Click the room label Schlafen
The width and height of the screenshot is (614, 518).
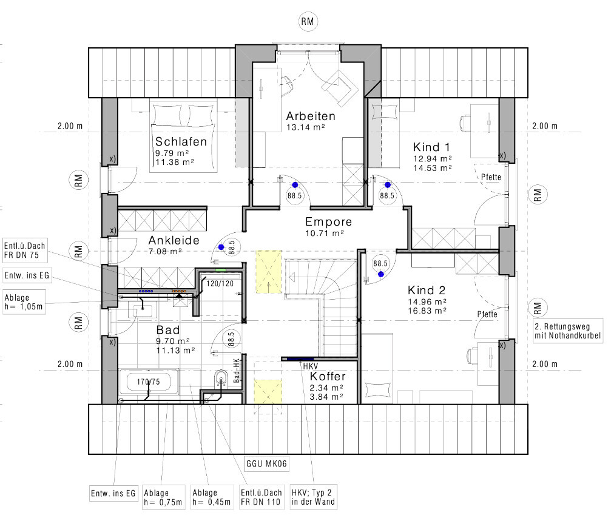click(181, 141)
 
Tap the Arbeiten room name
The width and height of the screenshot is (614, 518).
click(311, 116)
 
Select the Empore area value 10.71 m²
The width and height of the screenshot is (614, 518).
click(325, 234)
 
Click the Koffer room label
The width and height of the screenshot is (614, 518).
click(328, 376)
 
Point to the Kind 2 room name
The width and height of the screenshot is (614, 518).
click(427, 290)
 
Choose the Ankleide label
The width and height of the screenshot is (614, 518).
click(174, 240)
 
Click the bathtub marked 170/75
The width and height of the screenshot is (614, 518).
click(149, 382)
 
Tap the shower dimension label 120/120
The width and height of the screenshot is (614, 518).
click(220, 283)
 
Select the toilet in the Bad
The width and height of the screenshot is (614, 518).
click(221, 378)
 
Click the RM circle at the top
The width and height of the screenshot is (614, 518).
click(308, 22)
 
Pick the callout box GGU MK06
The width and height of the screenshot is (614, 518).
click(266, 464)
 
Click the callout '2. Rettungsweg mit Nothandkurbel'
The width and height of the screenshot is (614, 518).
click(568, 331)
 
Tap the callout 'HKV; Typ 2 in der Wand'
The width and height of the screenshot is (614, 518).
click(313, 497)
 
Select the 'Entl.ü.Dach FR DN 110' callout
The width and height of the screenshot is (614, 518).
click(261, 497)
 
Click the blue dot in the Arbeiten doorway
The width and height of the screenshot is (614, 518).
click(295, 185)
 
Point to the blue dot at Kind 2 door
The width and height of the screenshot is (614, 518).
click(381, 274)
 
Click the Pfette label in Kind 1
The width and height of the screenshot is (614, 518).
click(491, 177)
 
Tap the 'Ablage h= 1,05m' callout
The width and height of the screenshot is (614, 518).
click(24, 302)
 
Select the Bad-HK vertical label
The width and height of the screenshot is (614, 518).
click(236, 371)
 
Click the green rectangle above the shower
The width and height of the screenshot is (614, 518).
click(221, 270)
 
